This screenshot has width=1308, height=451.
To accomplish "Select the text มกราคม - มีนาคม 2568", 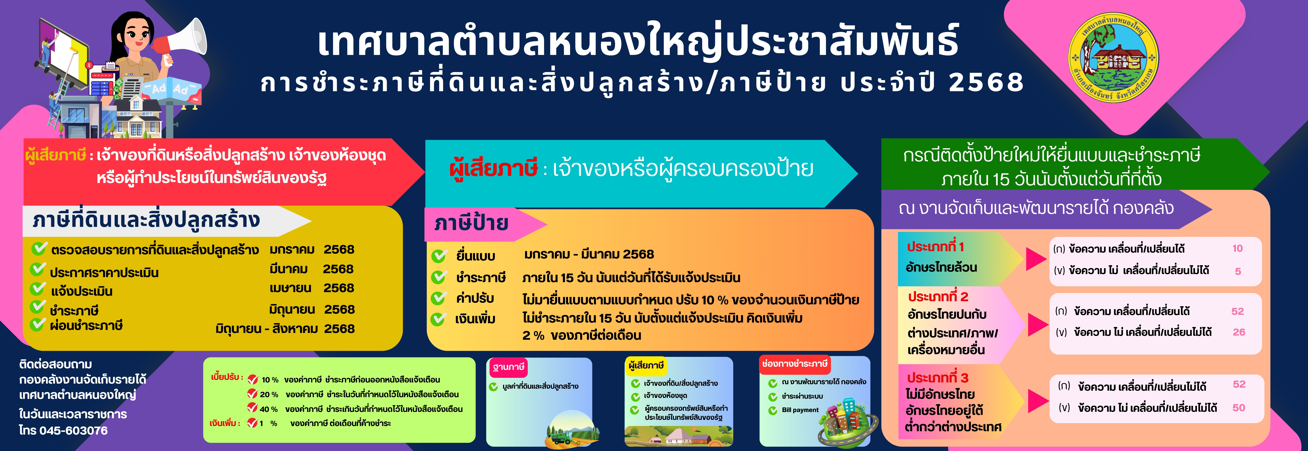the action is pyautogui.click(x=589, y=254).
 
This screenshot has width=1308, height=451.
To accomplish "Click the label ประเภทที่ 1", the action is pyautogui.click(x=935, y=247).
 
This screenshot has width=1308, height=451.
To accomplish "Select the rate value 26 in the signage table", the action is pyautogui.click(x=1239, y=332).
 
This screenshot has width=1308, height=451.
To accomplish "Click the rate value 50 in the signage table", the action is pyautogui.click(x=1239, y=408).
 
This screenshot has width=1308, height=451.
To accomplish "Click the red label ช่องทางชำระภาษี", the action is pyautogui.click(x=795, y=364).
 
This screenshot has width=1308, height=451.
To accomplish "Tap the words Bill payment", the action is pyautogui.click(x=800, y=410).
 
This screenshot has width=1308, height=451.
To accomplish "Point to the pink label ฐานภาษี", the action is pyautogui.click(x=508, y=367).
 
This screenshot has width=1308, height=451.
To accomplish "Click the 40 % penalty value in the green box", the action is pyautogui.click(x=269, y=409).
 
